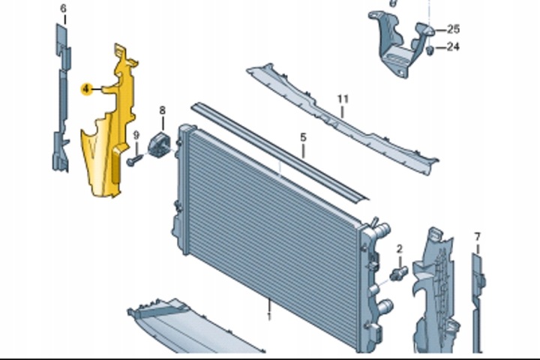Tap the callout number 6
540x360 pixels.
click(x=63, y=8)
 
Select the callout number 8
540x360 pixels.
click(x=162, y=110)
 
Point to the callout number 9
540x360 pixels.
click(x=136, y=136)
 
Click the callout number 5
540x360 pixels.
click(x=303, y=137)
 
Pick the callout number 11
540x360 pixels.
click(x=343, y=99)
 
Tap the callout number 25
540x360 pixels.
click(x=453, y=29)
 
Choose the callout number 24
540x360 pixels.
click(x=453, y=46)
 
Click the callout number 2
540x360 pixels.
click(x=400, y=248)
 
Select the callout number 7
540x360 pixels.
click(x=477, y=237)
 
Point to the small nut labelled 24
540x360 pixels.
click(x=430, y=50)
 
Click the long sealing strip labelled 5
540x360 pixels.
click(x=280, y=151)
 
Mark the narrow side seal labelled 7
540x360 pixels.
click(x=478, y=303)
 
